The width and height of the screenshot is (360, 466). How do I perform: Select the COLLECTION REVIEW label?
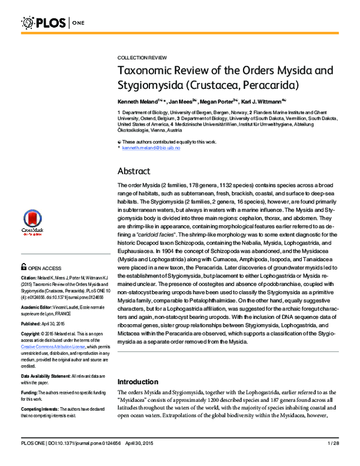142,57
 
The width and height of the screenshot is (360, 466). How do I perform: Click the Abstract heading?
134,171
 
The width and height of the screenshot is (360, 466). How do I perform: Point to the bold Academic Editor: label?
38,306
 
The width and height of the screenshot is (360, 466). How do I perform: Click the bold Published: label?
33,322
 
